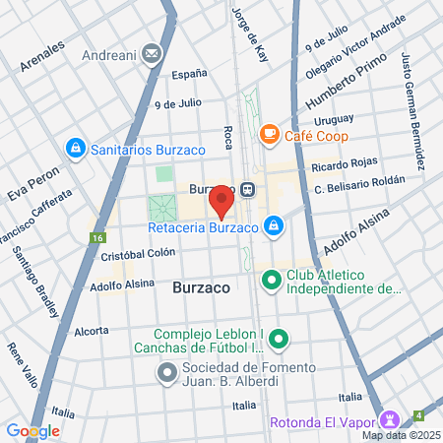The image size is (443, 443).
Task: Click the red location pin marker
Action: (x=221, y=202)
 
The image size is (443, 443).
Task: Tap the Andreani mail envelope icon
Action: (x=153, y=52)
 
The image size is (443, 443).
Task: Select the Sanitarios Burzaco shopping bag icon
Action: (x=75, y=149)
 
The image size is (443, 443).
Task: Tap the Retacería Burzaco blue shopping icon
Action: (x=275, y=227)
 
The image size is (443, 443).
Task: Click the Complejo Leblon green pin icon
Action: (x=280, y=340)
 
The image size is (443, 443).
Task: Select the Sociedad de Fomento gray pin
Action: (x=166, y=373)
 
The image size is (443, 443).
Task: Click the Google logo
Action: (x=32, y=430)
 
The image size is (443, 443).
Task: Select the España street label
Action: (x=190, y=73)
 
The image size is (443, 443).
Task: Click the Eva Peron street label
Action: (x=28, y=183)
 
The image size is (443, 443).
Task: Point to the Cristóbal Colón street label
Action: (x=138, y=252)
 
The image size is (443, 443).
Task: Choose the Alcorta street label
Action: (x=91, y=331)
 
